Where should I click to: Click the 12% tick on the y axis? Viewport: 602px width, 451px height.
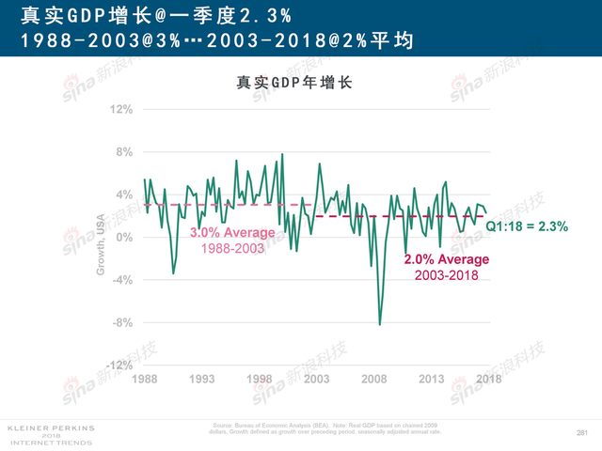pyautogui.click(x=121, y=109)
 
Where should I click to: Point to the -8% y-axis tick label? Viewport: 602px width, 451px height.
pyautogui.click(x=122, y=322)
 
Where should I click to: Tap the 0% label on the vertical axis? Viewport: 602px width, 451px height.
pyautogui.click(x=124, y=237)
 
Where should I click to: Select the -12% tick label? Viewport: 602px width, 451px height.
pyautogui.click(x=120, y=365)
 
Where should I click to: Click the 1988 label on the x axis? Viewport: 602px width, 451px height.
pyautogui.click(x=144, y=379)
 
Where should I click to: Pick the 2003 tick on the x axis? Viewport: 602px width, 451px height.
pyautogui.click(x=316, y=379)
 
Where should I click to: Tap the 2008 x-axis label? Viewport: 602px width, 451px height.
pyautogui.click(x=374, y=379)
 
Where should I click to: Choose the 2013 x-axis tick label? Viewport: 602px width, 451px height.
pyautogui.click(x=432, y=379)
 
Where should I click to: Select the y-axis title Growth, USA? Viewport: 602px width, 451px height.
pyautogui.click(x=102, y=244)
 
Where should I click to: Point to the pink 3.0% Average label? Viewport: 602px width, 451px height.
pyautogui.click(x=232, y=233)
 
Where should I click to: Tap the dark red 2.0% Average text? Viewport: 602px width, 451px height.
pyautogui.click(x=447, y=260)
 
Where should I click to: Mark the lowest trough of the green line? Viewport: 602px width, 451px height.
pyautogui.click(x=380, y=324)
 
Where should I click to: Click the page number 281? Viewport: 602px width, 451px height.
pyautogui.click(x=580, y=432)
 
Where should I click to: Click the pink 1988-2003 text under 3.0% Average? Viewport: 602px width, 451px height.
pyautogui.click(x=232, y=248)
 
